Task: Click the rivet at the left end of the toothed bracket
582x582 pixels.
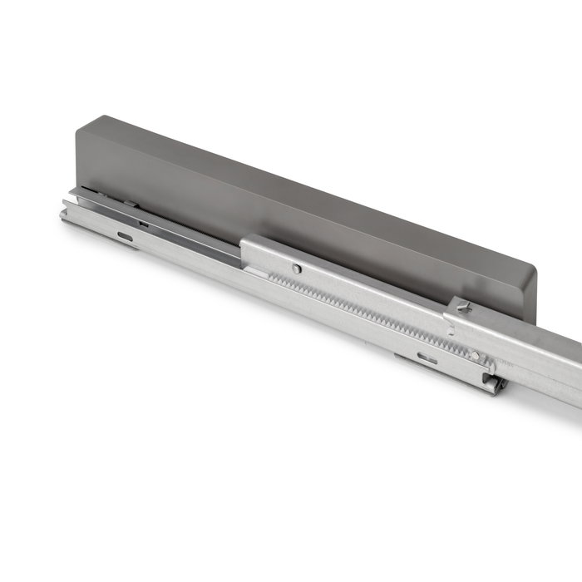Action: [296, 268]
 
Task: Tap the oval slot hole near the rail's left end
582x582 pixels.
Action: [125, 236]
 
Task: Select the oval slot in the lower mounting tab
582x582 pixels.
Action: [427, 358]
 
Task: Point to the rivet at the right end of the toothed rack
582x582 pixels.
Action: [475, 355]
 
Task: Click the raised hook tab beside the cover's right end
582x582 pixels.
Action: [463, 307]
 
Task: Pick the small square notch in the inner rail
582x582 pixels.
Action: [144, 223]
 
